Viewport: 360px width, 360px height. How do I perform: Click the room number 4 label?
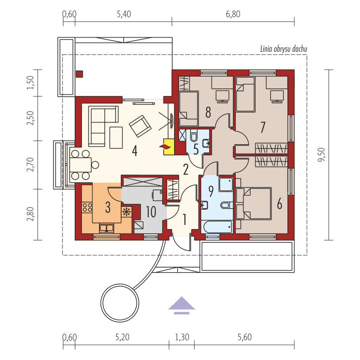click(x=134, y=151)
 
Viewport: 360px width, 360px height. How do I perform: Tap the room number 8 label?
click(x=208, y=112)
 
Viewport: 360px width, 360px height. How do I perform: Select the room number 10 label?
click(x=151, y=212)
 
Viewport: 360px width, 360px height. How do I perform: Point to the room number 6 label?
click(x=279, y=204)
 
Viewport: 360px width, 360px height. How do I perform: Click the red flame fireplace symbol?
click(x=166, y=147)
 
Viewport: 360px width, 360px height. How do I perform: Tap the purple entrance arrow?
click(x=182, y=305)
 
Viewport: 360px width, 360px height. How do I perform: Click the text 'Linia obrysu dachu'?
click(x=283, y=49)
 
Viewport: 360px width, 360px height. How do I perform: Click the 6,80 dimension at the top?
click(x=233, y=14)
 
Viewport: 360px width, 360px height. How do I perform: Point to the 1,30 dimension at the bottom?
click(x=182, y=337)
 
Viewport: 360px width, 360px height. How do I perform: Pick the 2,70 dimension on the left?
click(x=32, y=164)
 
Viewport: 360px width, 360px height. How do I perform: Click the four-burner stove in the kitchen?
click(x=87, y=207)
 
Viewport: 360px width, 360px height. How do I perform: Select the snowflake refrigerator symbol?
click(x=126, y=212)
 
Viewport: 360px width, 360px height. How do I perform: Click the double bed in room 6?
click(x=254, y=204)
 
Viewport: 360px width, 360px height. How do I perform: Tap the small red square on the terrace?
click(x=79, y=74)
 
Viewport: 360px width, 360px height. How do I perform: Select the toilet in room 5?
click(x=193, y=136)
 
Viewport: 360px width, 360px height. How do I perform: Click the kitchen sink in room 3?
click(x=107, y=228)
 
